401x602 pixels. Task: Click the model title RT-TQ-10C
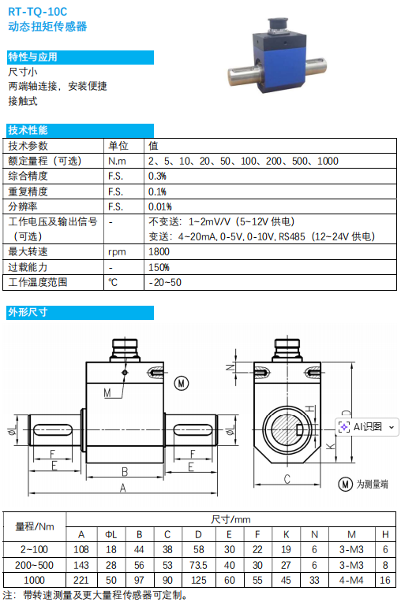[37, 12]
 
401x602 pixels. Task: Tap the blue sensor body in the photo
[279, 62]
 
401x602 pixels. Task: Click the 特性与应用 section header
[32, 58]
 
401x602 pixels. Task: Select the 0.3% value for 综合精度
[157, 177]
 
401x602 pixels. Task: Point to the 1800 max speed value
[159, 252]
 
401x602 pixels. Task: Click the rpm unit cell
[117, 252]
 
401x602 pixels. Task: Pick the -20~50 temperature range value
[165, 283]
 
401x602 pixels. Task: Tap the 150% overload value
[159, 267]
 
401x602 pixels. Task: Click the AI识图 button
[366, 427]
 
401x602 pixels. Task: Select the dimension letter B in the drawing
[125, 471]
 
